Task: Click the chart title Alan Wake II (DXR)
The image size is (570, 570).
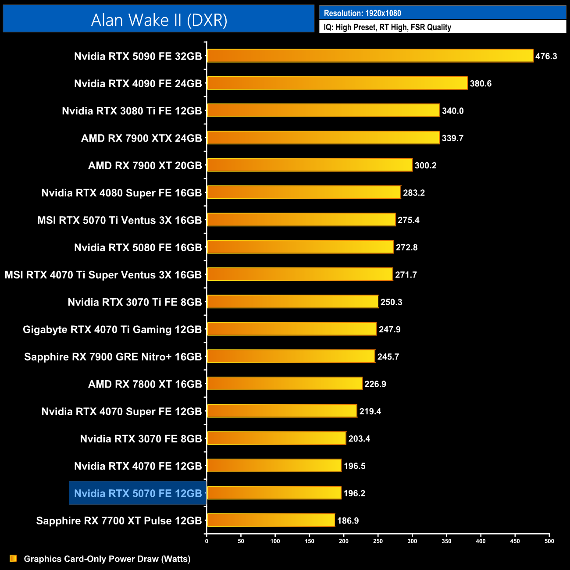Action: (x=159, y=20)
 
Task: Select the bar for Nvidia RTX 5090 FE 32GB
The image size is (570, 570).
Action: (x=370, y=56)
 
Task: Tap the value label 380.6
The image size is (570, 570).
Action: (x=481, y=83)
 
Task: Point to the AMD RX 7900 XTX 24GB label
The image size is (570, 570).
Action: (x=142, y=138)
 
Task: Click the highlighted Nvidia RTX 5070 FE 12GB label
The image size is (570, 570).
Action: (x=138, y=493)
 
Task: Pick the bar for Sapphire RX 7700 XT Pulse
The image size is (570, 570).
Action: (x=271, y=520)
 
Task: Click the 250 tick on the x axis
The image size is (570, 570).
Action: (x=378, y=541)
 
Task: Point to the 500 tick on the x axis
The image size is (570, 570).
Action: (x=549, y=541)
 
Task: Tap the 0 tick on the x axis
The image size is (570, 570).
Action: (x=207, y=541)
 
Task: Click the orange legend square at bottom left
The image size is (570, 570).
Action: (x=13, y=558)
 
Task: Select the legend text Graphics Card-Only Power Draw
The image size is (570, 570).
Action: (x=107, y=559)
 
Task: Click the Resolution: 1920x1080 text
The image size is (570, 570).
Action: (x=362, y=13)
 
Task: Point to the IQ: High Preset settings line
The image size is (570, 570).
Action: (x=387, y=27)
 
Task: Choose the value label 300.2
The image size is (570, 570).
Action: (x=425, y=165)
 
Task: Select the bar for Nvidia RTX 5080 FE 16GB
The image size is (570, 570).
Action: (x=300, y=247)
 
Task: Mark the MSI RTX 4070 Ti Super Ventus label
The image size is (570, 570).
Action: (x=103, y=275)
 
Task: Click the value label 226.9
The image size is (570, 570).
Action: (x=375, y=384)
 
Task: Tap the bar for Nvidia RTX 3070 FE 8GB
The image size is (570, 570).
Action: (x=276, y=438)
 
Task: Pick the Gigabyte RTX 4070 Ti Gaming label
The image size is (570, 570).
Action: (x=112, y=329)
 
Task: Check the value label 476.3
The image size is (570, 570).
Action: (x=546, y=56)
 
